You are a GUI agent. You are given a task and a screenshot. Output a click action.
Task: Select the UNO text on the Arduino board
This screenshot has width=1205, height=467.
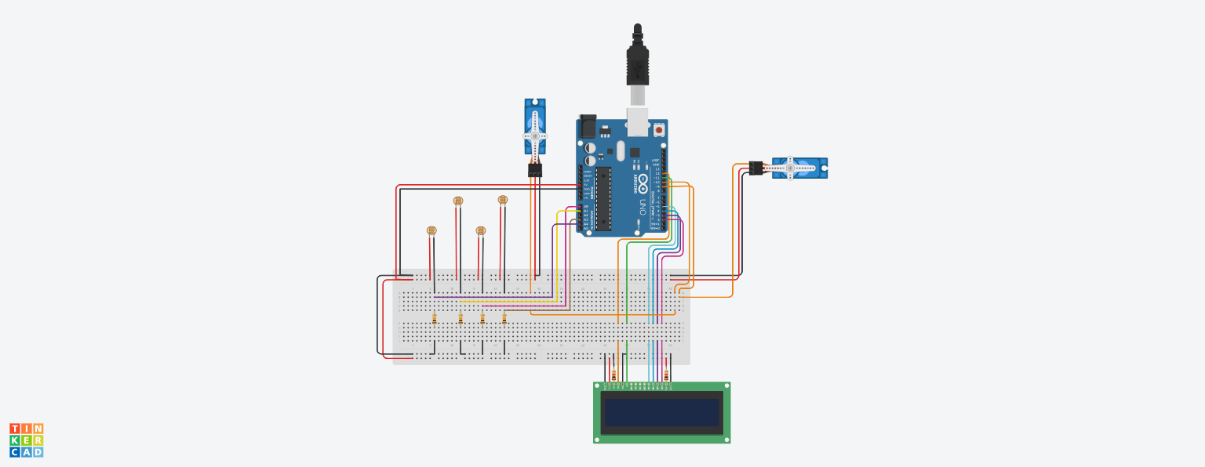[643, 206]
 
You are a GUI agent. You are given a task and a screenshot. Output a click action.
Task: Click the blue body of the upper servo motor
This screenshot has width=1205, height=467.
[535, 125]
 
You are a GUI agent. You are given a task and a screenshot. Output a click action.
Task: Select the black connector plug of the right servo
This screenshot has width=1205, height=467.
[755, 167]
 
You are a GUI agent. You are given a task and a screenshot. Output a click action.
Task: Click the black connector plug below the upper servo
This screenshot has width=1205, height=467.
[535, 169]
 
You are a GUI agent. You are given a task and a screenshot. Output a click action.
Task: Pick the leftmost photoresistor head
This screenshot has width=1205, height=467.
[431, 230]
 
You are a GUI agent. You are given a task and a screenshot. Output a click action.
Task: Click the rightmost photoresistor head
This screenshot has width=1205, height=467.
[503, 200]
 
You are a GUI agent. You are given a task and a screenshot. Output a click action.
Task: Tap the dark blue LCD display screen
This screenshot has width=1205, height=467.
[661, 412]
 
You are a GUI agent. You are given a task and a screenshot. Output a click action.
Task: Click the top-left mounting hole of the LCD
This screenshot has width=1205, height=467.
[598, 386]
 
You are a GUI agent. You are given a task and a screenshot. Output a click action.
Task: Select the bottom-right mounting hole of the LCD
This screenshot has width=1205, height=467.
[726, 439]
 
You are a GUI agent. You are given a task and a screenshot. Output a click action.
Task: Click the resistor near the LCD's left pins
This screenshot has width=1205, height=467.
[613, 375]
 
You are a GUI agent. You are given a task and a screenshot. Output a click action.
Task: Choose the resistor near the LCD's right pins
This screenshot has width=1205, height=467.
[666, 375]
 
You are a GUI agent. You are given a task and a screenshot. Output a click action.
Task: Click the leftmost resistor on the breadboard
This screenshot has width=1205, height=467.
[435, 318]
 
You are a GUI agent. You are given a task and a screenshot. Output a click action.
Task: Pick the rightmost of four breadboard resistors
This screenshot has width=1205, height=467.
[504, 318]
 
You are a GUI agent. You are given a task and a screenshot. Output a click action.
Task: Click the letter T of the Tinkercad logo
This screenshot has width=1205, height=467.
[14, 429]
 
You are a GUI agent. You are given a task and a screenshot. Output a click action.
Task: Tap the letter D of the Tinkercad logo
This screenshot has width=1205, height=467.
[38, 452]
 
